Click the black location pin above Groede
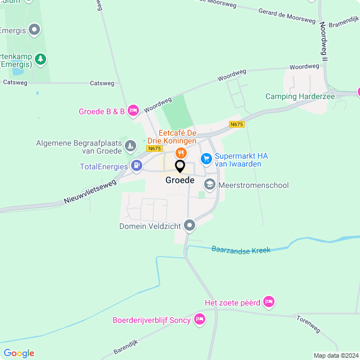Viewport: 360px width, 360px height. (180, 166)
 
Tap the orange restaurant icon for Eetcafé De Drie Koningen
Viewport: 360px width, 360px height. (181, 152)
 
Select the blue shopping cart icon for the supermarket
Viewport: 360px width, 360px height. (206, 159)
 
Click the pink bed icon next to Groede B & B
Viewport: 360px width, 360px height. (133, 111)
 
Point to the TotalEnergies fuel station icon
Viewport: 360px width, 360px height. (136, 166)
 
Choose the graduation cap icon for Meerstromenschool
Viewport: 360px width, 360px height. (210, 184)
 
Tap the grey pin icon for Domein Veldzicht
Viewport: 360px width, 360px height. (190, 226)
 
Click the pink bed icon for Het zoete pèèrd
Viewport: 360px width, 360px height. (269, 302)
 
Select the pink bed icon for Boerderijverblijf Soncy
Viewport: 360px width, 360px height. (199, 319)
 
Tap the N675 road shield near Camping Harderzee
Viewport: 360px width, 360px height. (237, 124)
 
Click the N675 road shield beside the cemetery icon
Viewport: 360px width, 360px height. (154, 148)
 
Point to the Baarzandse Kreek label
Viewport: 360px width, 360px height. (241, 249)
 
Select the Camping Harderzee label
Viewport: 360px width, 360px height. (300, 97)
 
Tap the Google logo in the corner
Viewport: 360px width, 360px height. (19, 353)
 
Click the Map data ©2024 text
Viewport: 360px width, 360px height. (335, 355)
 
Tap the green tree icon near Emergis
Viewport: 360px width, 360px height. (40, 58)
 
